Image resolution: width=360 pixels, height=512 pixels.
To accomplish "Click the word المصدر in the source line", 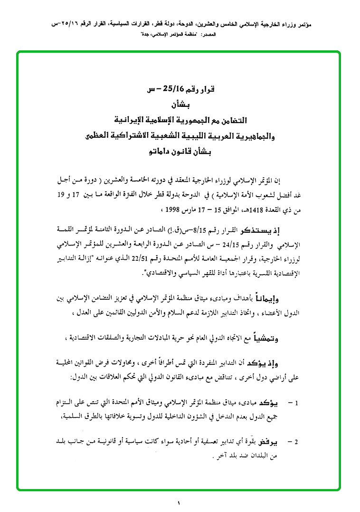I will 310,34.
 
